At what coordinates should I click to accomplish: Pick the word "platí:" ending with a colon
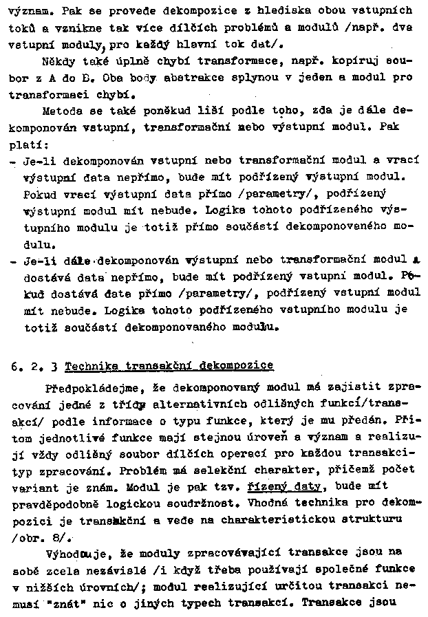click(x=25, y=144)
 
